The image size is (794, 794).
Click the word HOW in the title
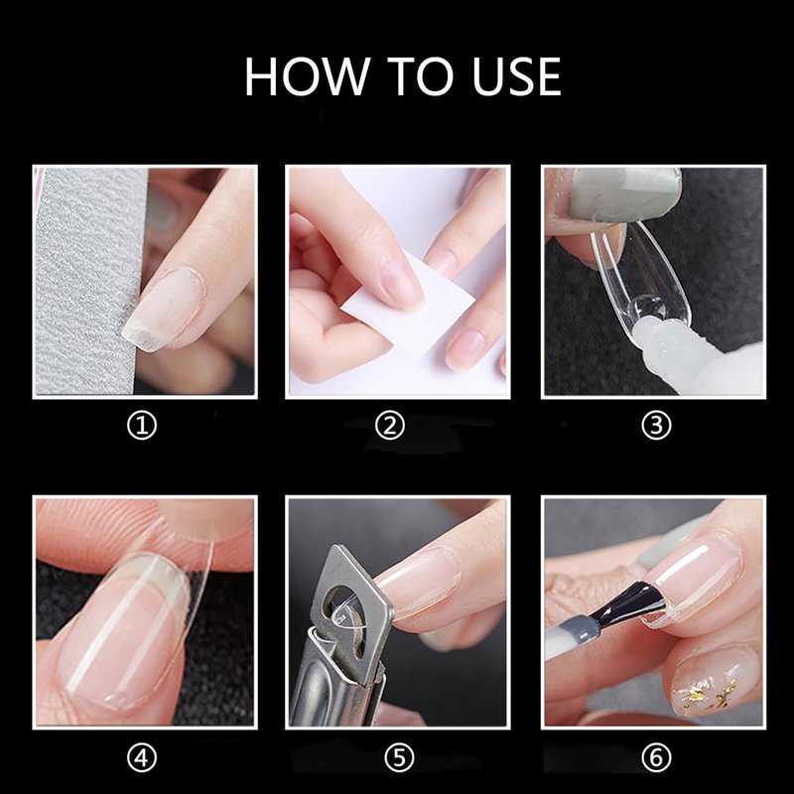[308, 76]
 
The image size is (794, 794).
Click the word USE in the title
[516, 76]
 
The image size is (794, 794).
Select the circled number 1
[142, 426]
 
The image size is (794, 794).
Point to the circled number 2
[390, 426]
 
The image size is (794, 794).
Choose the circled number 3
[656, 426]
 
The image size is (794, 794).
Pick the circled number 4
[142, 758]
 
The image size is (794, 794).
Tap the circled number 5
[400, 758]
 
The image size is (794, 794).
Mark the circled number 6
[656, 758]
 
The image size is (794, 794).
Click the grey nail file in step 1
[86, 281]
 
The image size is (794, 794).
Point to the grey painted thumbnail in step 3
[625, 193]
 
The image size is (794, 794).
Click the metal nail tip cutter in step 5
[340, 638]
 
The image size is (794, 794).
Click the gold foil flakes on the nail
[707, 689]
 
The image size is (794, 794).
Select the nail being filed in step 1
[162, 309]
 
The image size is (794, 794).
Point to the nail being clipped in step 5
[420, 583]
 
